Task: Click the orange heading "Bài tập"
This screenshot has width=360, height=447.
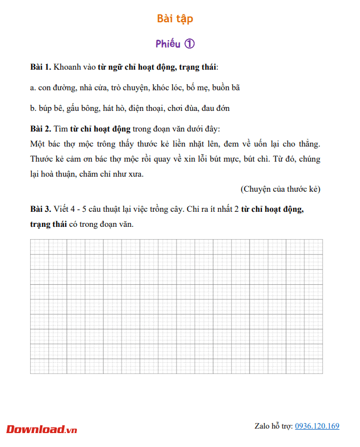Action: click(x=175, y=19)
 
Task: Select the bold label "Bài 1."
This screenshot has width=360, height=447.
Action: click(x=41, y=67)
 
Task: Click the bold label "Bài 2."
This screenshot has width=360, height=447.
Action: click(x=41, y=129)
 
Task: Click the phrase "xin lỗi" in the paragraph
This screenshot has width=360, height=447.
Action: click(x=228, y=159)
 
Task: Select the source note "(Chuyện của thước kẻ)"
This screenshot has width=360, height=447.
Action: click(x=280, y=189)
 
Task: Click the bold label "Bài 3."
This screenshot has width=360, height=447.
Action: click(x=41, y=210)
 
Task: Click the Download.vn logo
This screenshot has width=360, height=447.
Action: click(x=42, y=429)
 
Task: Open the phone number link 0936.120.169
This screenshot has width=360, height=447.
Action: click(x=317, y=426)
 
